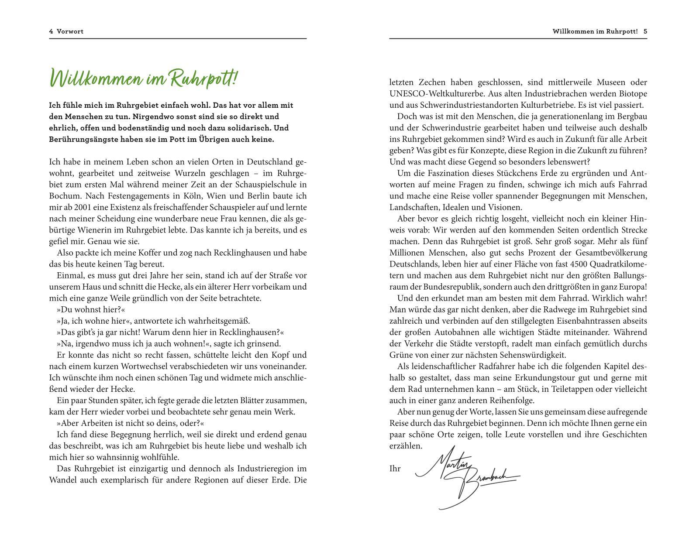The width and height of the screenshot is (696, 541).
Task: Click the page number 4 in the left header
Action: (x=51, y=31)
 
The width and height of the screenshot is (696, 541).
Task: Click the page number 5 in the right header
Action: (x=645, y=31)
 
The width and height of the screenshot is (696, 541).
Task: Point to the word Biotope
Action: (x=633, y=94)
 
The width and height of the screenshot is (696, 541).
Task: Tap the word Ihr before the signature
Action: (x=395, y=469)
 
